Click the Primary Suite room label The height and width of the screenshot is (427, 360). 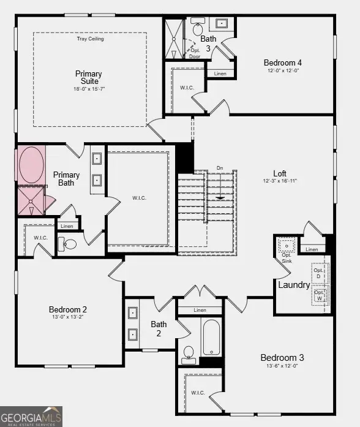click(x=89, y=78)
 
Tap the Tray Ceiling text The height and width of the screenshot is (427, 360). click(x=90, y=39)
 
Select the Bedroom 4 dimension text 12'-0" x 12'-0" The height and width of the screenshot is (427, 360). click(x=283, y=71)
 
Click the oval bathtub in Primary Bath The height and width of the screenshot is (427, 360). click(x=31, y=164)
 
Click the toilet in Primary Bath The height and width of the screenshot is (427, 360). click(x=68, y=244)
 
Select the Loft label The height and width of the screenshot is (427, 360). click(x=279, y=173)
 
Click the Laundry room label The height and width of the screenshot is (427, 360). click(x=294, y=285)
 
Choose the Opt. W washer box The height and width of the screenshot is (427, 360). click(x=320, y=296)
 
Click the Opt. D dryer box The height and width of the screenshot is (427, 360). click(x=320, y=273)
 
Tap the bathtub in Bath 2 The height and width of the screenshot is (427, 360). click(x=211, y=338)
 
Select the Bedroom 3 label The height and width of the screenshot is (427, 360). click(x=282, y=358)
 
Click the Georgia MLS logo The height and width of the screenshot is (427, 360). click(x=31, y=416)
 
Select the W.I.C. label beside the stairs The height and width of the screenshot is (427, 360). click(x=139, y=198)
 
